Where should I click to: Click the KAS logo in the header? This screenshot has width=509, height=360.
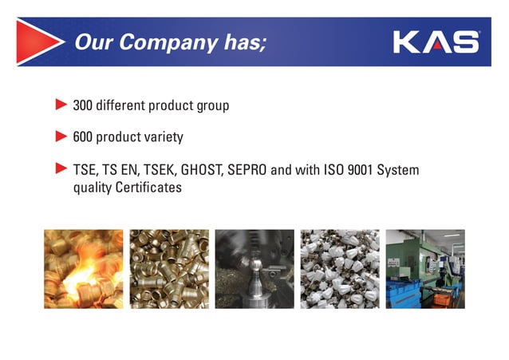pos(436,42)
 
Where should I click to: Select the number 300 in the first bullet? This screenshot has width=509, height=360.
pos(84,105)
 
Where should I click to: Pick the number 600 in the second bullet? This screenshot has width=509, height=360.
pos(84,137)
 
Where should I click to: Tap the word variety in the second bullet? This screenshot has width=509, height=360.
pos(164,137)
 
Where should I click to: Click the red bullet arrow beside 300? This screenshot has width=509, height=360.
pos(61,104)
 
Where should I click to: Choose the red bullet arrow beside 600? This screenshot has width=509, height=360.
pos(61,136)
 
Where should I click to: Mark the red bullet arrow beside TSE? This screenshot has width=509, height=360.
pos(61,169)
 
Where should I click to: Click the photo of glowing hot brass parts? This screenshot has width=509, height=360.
pos(84,269)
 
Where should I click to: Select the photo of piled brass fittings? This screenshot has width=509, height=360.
pos(169,269)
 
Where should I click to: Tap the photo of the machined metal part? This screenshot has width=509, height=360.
pos(254,269)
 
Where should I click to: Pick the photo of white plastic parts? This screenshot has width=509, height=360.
pos(340,269)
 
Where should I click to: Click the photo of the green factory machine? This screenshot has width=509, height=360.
pos(425,269)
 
